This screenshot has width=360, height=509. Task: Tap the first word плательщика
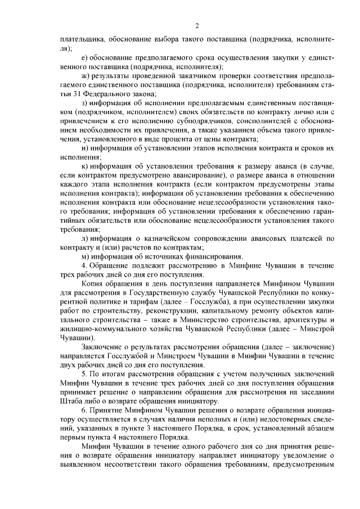click(x=81, y=40)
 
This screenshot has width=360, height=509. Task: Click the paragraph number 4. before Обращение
click(x=84, y=265)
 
